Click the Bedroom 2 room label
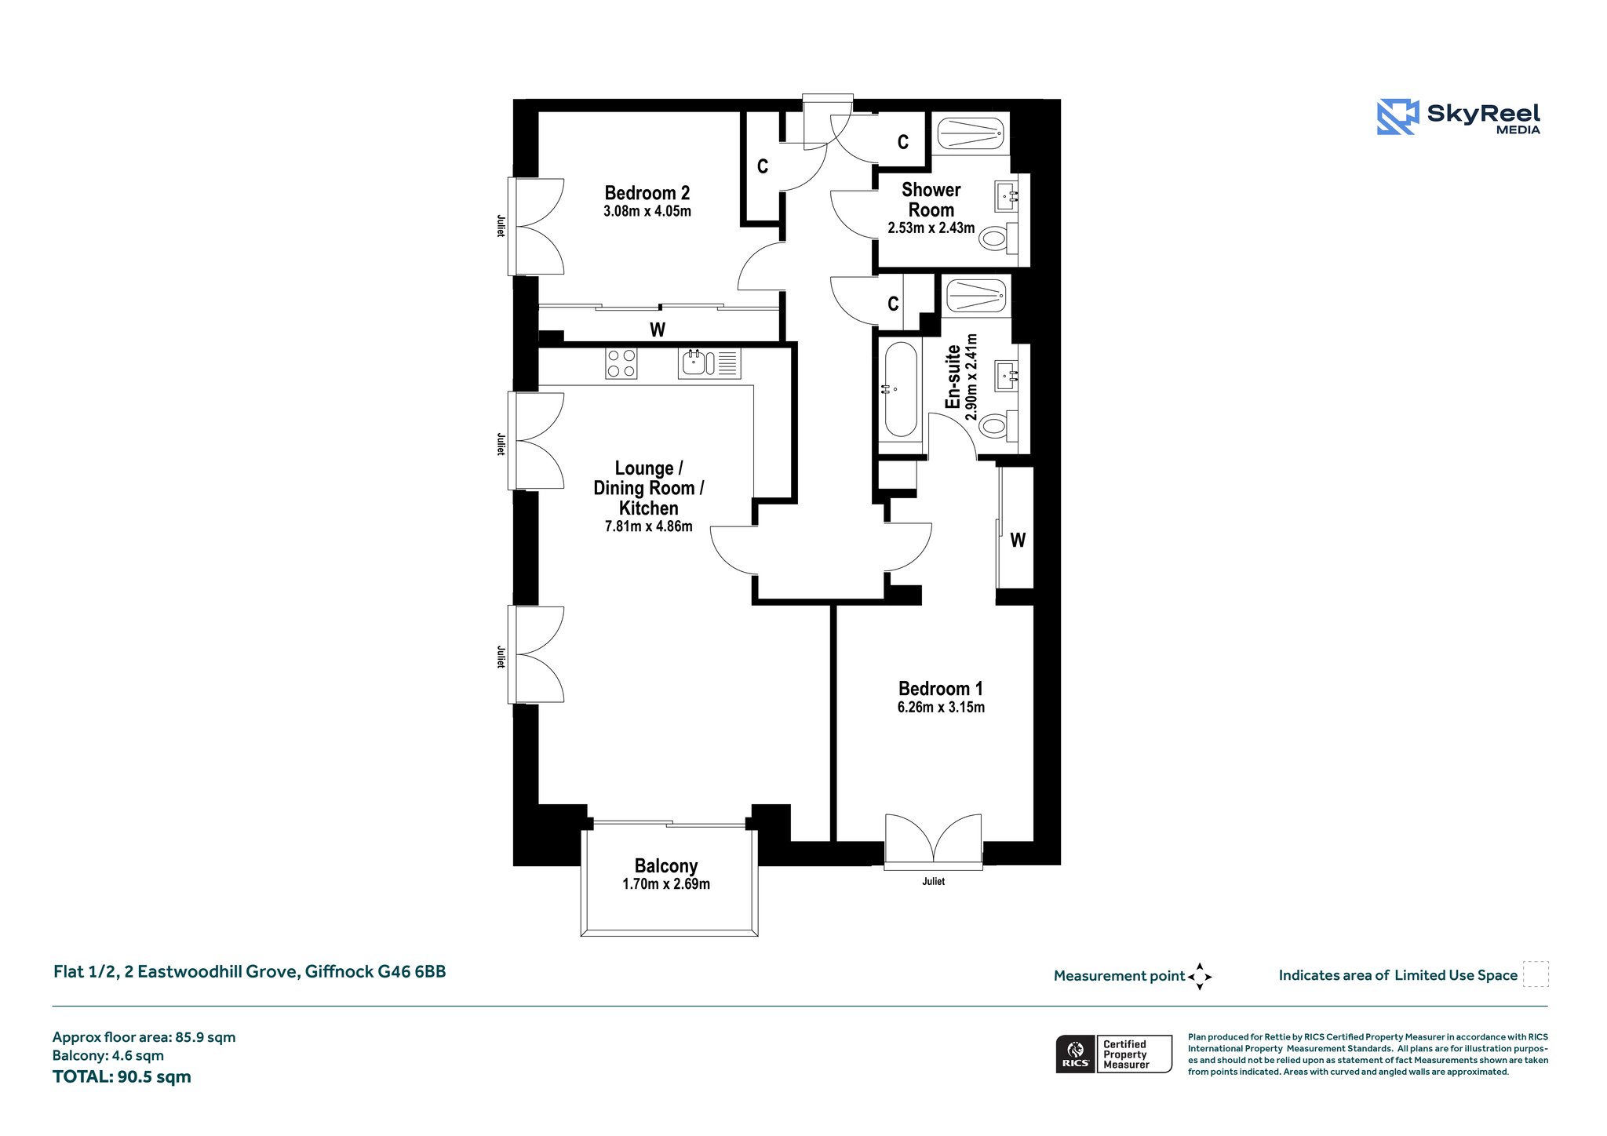click(x=647, y=193)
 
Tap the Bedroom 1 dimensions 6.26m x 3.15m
click(x=941, y=707)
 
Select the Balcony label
click(x=666, y=866)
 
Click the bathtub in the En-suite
click(x=901, y=389)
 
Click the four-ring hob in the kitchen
click(x=621, y=363)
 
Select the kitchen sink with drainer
click(x=709, y=363)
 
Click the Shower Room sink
click(x=1006, y=196)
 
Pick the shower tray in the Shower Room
click(x=971, y=133)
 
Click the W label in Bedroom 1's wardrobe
click(x=1018, y=540)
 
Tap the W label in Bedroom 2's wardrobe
click(x=658, y=330)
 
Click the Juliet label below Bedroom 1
click(x=934, y=881)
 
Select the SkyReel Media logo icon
click(x=1398, y=117)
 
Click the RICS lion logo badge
click(x=1075, y=1053)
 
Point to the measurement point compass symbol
click(x=1200, y=977)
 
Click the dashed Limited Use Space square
click(x=1536, y=974)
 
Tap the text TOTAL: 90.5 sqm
click(x=122, y=1076)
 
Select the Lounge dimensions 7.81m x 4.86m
click(x=649, y=526)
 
